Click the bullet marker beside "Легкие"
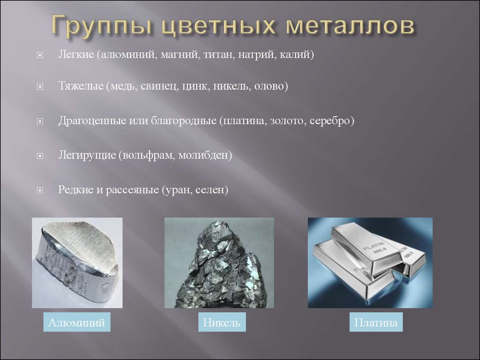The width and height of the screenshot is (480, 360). [40, 55]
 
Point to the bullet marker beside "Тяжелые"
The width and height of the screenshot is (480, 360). [40, 87]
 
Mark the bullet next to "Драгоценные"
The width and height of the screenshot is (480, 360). [40, 121]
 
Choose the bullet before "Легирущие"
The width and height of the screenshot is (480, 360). [40, 156]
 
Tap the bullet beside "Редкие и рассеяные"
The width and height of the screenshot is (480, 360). [40, 191]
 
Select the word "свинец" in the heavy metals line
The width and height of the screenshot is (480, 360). [159, 86]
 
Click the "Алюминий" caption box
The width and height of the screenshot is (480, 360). [77, 322]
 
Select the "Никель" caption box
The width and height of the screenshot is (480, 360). [222, 322]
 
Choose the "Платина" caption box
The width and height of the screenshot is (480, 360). [376, 322]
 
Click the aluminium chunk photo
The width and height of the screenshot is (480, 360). [77, 262]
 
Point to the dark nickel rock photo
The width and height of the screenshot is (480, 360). [219, 262]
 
